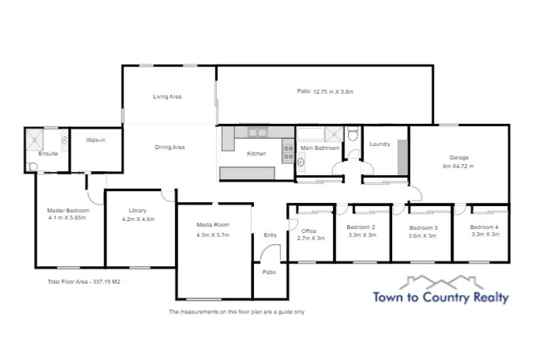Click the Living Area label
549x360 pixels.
pos(167,96)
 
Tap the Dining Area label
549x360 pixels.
pos(169,147)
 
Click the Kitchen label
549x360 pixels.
pos(257,153)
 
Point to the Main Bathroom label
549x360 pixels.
pos(320,148)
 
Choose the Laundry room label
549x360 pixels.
pos(380,144)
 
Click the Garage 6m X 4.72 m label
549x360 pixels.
pos(459,162)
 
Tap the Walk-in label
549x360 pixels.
pos(95,140)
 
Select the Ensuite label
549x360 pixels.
pos(47,153)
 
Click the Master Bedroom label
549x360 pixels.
pos(68,214)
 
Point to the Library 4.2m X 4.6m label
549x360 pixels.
pos(138,214)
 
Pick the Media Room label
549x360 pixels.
pos(211,230)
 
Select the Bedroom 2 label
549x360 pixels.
pos(360,231)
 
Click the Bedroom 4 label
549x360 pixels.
pos(485,231)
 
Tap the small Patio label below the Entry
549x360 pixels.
pos(269,272)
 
